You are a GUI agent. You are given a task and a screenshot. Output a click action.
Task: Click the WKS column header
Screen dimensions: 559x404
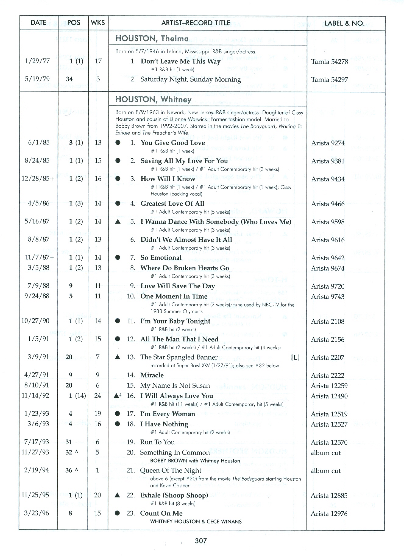pos(98,23)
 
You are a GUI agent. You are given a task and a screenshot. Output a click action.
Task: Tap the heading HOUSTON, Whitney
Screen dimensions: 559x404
pos(153,99)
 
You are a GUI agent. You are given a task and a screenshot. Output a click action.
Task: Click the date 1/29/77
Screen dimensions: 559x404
pos(37,61)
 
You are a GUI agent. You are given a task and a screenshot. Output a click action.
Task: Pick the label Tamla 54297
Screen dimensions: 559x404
pos(329,80)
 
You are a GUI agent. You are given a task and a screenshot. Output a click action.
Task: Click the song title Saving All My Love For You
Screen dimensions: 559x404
pos(184,161)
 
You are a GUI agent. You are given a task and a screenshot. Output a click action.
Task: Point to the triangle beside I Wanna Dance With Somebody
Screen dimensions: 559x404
pos(118,222)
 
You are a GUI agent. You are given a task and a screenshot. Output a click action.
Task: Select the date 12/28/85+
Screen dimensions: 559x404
pos(38,178)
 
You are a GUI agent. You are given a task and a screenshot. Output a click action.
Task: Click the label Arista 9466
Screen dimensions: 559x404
pos(328,204)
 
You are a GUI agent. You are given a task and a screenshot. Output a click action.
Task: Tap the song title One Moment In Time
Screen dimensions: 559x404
pos(174,296)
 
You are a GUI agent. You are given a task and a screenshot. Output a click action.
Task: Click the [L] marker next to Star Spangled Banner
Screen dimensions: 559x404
pos(295,358)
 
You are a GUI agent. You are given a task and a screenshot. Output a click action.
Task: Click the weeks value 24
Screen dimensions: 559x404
pos(97,396)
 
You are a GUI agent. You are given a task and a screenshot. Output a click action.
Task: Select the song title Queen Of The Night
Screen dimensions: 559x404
pos(171,470)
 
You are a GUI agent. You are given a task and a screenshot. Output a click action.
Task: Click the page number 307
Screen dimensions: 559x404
pos(201,541)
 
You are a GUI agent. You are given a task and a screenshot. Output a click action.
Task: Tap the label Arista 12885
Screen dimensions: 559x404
pos(329,496)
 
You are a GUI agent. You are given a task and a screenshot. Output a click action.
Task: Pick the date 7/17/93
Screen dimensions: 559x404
pos(37,442)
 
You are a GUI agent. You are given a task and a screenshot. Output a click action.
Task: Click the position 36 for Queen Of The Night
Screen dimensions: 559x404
pos(69,470)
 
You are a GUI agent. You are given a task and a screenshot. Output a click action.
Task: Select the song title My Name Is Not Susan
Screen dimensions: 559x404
pos(175,386)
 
